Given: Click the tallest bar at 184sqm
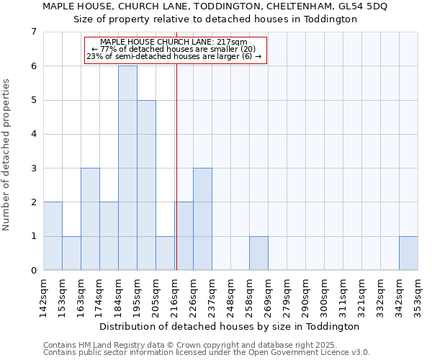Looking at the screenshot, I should tap(127, 168).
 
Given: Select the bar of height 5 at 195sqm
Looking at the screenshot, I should tap(146, 185).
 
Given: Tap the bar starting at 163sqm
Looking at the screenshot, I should tap(90, 219).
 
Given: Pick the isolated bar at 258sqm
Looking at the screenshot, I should tap(258, 253).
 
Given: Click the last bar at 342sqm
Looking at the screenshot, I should tap(408, 253).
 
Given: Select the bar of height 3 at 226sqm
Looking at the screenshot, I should tap(202, 219).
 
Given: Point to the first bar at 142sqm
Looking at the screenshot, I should tap(53, 236).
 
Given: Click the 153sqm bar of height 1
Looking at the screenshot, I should tap(71, 253).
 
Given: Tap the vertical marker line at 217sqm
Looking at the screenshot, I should tap(176, 144).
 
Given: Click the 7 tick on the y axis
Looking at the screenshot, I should tap(33, 32).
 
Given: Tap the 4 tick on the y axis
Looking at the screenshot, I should tap(33, 134).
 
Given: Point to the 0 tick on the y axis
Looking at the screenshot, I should tap(33, 271).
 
